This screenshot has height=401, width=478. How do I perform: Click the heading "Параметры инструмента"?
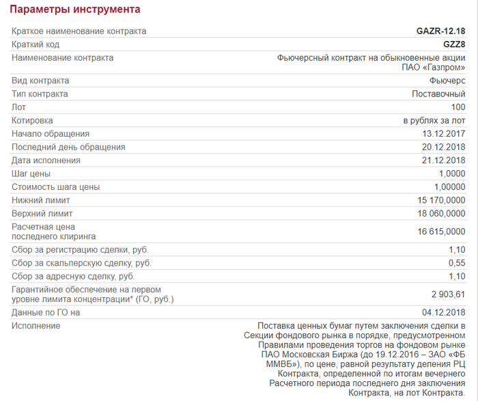tap(75, 10)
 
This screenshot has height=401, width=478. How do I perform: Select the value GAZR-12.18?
tap(440, 31)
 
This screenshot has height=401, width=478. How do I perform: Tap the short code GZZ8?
tap(454, 44)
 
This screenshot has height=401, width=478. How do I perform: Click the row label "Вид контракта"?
tap(40, 81)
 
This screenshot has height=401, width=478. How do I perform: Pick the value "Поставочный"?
tap(438, 94)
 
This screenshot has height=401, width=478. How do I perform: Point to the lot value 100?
tap(458, 107)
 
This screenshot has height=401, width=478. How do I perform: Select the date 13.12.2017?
tap(444, 134)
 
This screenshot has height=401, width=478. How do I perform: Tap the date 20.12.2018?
tap(444, 147)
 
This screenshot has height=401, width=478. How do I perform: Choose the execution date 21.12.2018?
tap(444, 161)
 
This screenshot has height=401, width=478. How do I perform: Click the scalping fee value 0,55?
tap(456, 263)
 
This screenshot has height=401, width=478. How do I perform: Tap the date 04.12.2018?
tap(444, 312)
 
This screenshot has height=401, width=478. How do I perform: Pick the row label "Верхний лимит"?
tap(41, 214)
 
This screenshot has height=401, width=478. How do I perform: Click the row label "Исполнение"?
tap(36, 326)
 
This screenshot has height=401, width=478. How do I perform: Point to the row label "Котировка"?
tap(33, 120)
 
